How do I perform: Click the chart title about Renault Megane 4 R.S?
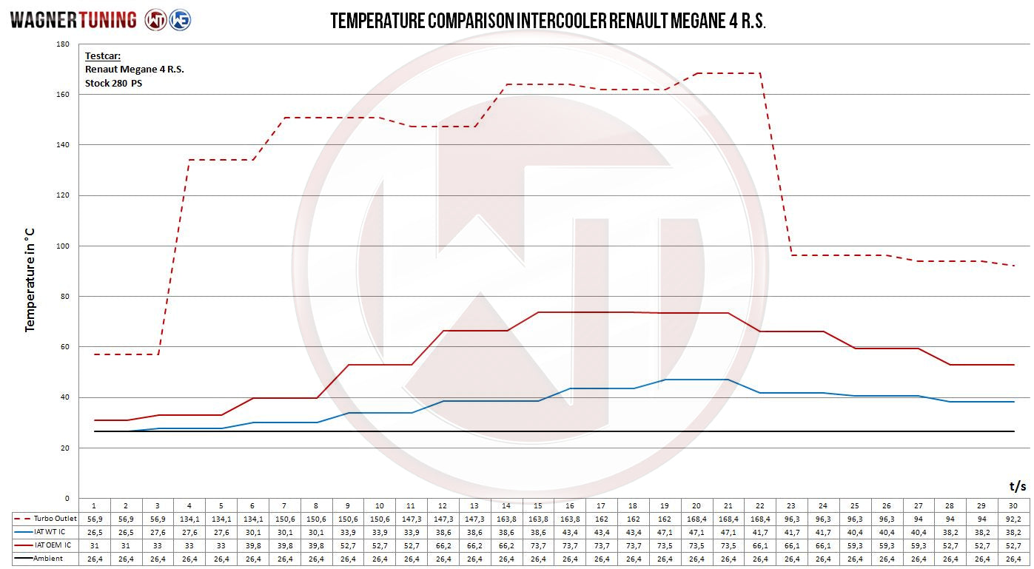[548, 21]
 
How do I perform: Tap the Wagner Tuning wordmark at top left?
[73, 20]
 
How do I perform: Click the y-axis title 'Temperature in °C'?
[30, 280]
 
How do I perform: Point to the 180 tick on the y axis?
[63, 44]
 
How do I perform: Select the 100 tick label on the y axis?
[63, 246]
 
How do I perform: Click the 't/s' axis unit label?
[1018, 486]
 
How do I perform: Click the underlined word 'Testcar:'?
[103, 55]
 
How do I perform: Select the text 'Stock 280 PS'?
[113, 83]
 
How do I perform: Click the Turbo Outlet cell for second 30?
[1013, 519]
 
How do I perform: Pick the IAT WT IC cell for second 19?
[665, 532]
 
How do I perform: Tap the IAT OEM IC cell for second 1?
[94, 545]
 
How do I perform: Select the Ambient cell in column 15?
[538, 559]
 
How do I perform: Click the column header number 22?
[759, 505]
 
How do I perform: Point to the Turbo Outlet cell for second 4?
[189, 519]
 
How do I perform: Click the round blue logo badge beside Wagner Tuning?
[180, 20]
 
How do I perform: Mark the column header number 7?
[284, 505]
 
